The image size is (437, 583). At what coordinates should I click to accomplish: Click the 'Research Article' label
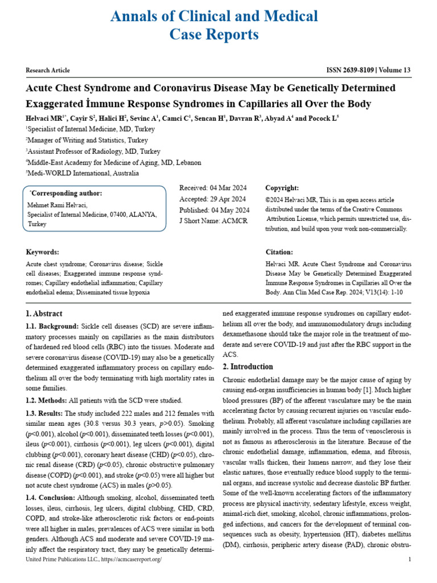click(48, 71)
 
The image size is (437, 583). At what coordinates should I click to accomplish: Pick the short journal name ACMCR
click(235, 220)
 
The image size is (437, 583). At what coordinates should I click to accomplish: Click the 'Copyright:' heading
click(282, 188)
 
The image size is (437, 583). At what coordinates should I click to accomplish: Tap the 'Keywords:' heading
click(43, 252)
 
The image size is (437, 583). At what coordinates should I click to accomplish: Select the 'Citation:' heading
click(279, 252)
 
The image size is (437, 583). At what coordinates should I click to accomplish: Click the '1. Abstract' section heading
click(44, 314)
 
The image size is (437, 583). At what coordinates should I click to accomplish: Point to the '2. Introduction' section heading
click(248, 367)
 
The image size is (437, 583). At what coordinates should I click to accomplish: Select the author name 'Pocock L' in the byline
click(324, 118)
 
